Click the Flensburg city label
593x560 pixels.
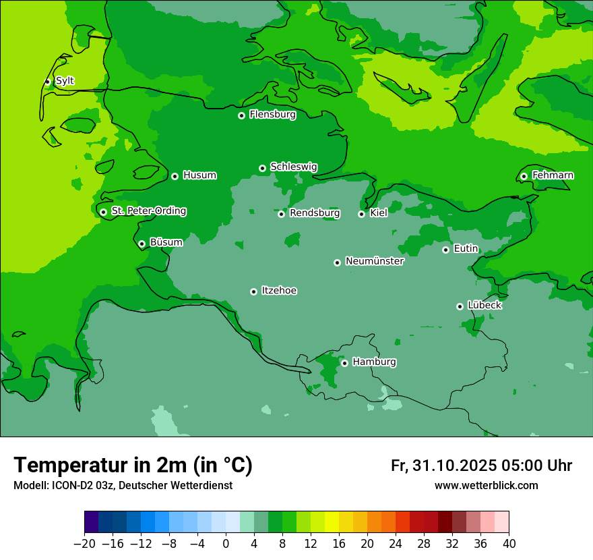point(272,115)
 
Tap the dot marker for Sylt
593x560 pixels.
point(47,82)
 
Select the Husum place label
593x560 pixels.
point(199,175)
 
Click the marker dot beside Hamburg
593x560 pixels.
point(344,363)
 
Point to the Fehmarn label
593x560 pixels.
point(553,175)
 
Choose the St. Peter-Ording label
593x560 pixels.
point(148,211)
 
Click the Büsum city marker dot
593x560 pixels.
point(142,244)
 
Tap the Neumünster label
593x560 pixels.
point(374,261)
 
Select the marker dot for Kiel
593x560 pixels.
point(361,214)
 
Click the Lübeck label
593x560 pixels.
point(484,305)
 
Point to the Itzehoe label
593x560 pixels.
point(279,291)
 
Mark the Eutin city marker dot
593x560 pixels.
point(445,250)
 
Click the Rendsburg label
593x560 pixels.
point(314,213)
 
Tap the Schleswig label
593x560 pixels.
point(293,167)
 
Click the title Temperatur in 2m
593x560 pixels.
point(133,465)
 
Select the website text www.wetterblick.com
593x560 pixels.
point(486,485)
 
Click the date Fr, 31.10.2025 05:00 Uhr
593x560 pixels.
point(481,466)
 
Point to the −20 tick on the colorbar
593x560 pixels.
point(84,544)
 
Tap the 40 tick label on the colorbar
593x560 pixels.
point(509,544)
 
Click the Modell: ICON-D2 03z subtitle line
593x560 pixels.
point(123,486)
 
